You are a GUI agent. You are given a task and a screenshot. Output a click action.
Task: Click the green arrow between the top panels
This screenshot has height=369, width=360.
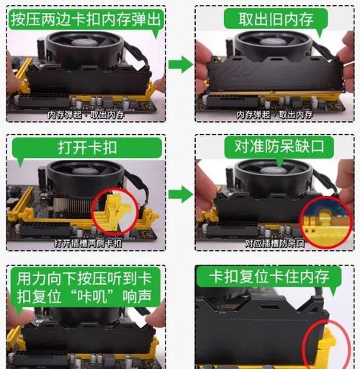tap(180, 65)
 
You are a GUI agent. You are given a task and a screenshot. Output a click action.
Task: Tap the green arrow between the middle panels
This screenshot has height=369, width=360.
tap(180, 193)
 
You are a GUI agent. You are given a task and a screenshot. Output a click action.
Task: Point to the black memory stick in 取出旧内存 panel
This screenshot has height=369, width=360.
tap(277, 75)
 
